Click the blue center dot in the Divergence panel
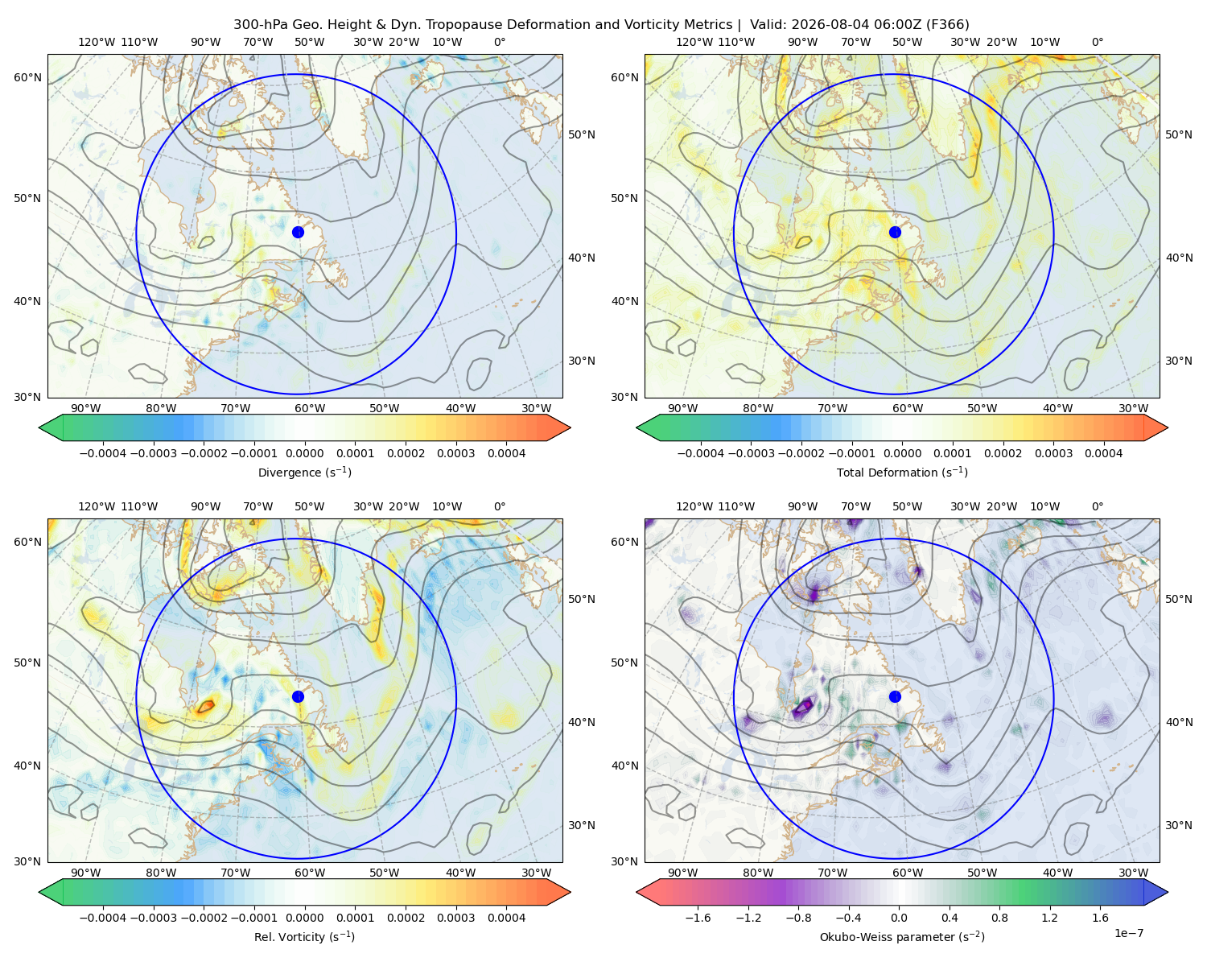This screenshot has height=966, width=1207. pos(298,232)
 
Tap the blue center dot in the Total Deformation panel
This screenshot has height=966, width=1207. pos(895,232)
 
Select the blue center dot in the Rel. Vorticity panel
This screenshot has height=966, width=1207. pos(298,696)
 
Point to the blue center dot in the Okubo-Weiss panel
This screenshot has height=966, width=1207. pos(895,696)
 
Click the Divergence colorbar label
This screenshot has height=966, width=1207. pos(304,472)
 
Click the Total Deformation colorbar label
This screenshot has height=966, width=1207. pos(902,472)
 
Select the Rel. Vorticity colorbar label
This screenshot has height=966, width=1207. pos(304,936)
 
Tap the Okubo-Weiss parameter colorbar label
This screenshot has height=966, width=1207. pos(902,936)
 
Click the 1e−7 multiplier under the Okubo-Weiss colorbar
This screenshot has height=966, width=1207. pos(1128,933)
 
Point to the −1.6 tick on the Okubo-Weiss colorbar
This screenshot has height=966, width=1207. pos(698,918)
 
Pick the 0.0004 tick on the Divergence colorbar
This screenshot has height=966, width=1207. pos(506,453)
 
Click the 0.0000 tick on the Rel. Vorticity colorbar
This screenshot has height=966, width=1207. pos(304,918)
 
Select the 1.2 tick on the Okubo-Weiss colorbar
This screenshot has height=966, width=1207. pos(1049,918)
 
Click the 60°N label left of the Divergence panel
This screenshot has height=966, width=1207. pos(27,77)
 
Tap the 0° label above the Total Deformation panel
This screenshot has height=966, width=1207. pos(1098,42)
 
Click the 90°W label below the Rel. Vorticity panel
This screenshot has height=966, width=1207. pos(86,873)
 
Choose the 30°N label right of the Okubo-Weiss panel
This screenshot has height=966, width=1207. pos(1179,825)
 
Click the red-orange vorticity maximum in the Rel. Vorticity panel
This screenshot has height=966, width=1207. pos(206,705)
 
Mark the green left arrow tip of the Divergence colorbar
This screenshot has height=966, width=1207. pos(39,427)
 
